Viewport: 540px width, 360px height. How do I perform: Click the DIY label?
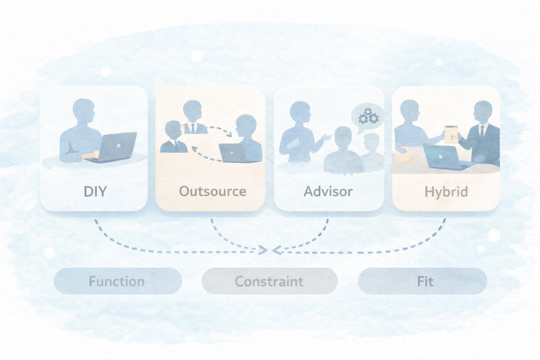click(x=95, y=192)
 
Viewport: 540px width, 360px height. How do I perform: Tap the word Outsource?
click(x=212, y=192)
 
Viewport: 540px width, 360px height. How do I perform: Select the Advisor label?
click(x=328, y=192)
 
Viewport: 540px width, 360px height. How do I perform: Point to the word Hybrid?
click(x=446, y=192)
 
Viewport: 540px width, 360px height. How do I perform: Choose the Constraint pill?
click(x=269, y=281)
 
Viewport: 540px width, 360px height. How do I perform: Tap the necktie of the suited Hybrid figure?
click(x=482, y=131)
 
